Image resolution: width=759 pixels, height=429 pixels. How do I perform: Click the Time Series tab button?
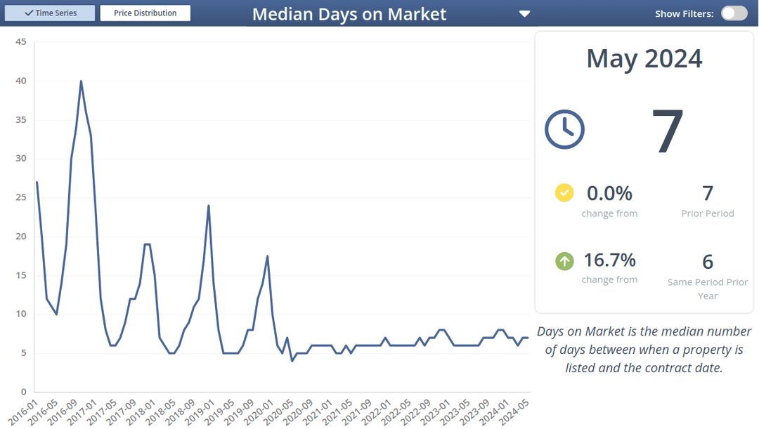pos(50,13)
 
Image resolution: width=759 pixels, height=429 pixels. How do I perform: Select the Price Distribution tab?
pos(145,13)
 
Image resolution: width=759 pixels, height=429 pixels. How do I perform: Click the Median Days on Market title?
pos(349,14)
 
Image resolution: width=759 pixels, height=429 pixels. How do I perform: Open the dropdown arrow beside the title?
pos(524,14)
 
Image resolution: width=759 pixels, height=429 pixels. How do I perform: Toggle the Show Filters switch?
pos(734,13)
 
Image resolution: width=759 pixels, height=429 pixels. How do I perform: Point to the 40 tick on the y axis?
pos(21,81)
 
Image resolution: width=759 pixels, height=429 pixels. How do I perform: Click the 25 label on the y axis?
pos(21,159)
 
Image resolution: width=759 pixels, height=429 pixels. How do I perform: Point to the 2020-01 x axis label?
pos(264,410)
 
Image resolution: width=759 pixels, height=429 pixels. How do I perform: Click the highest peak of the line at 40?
pos(81,81)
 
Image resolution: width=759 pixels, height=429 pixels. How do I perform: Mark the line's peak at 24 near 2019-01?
pos(209,206)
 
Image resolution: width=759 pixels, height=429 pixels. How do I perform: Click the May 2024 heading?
pos(644,58)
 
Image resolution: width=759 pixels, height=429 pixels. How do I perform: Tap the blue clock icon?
pos(564,129)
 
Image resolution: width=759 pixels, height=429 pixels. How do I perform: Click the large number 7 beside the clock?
pos(667,131)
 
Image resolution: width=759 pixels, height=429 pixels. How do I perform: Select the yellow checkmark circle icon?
pos(564,192)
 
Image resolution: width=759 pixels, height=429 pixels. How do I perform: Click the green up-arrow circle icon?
pos(564,261)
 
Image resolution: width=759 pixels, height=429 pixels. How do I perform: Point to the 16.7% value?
pos(609,260)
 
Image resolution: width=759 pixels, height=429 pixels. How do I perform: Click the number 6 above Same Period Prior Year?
pos(708,262)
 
